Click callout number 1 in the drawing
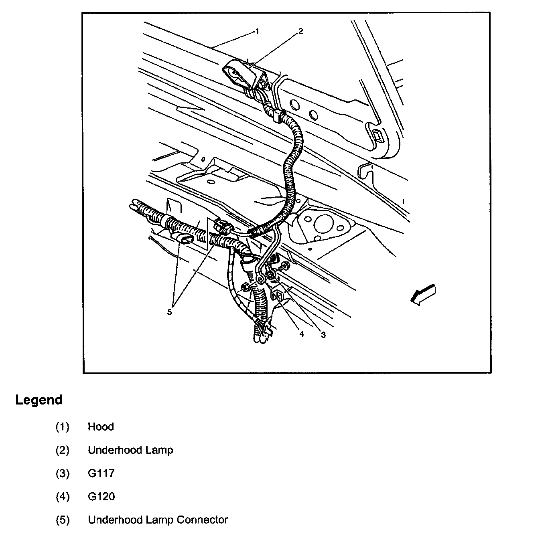click(257, 30)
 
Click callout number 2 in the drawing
click(300, 30)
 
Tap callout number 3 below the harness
click(323, 335)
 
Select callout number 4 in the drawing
click(301, 334)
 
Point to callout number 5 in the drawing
click(170, 311)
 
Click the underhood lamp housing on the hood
click(240, 75)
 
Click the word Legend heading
click(39, 400)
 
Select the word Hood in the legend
click(101, 427)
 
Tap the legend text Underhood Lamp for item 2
click(130, 450)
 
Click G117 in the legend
click(101, 473)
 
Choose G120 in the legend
click(101, 496)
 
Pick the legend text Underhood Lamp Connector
click(158, 520)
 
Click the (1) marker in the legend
click(62, 427)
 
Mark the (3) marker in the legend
click(62, 473)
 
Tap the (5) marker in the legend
click(62, 520)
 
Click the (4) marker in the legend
click(62, 496)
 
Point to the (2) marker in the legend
click(62, 450)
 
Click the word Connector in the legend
click(202, 520)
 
